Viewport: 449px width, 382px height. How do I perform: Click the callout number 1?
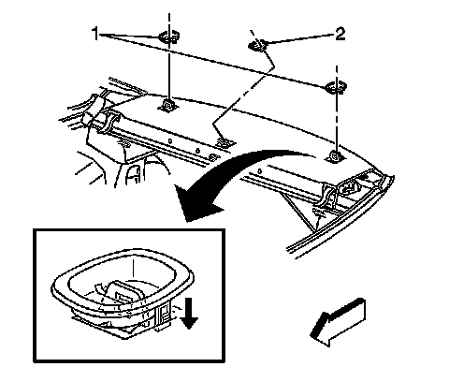pos(95,34)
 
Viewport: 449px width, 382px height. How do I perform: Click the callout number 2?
pos(340,34)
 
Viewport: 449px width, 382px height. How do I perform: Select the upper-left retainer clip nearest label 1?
pos(169,37)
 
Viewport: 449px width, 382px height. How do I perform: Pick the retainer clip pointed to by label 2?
pos(257,45)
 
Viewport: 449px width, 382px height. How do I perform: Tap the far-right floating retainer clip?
pos(336,87)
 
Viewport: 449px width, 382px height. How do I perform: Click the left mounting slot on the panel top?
pos(168,105)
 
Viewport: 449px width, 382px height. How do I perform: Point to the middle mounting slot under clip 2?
pos(225,143)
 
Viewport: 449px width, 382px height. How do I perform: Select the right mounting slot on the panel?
pos(336,157)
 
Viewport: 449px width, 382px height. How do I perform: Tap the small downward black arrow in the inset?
pos(189,314)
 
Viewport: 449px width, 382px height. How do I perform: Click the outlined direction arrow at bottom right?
pos(338,323)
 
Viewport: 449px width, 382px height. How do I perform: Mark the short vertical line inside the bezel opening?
pos(134,268)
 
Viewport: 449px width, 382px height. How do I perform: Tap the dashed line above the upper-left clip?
pos(169,22)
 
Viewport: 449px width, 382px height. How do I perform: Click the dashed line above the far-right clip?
pos(337,74)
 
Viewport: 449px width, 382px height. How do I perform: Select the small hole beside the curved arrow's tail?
pos(259,171)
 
